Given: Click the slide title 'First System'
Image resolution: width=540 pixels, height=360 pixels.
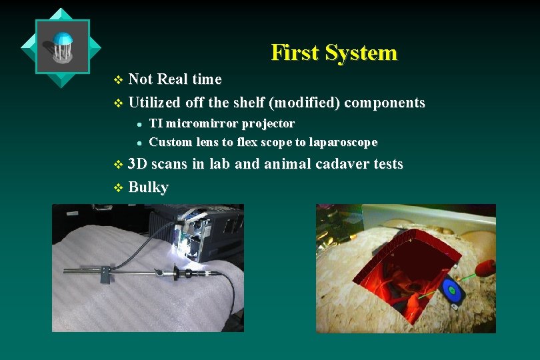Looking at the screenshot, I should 333,53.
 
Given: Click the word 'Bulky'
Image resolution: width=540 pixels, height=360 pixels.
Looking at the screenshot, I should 148,187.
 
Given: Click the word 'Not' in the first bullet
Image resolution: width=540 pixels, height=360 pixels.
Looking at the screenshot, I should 140,79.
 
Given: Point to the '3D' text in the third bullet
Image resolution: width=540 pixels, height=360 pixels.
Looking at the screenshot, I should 138,164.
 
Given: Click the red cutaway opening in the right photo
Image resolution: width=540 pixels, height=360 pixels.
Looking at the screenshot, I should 413,273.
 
